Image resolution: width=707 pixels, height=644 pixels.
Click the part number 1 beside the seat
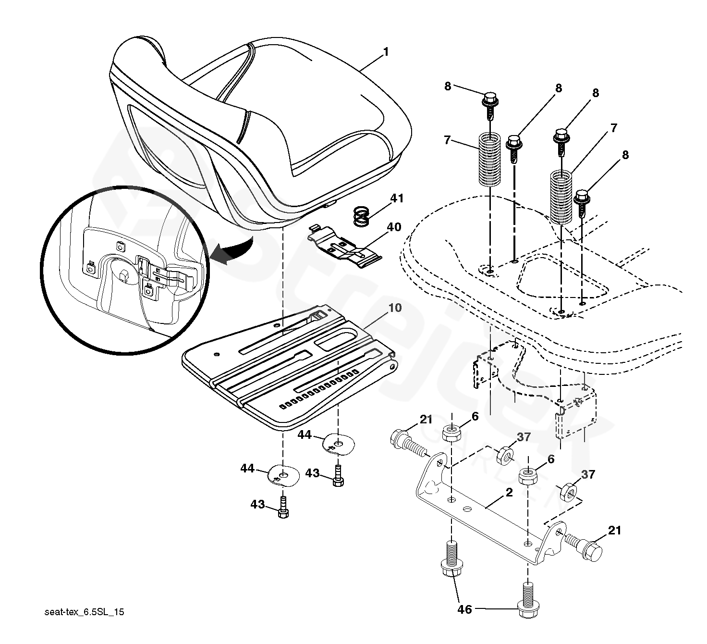(386, 52)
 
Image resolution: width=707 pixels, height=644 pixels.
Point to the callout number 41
(397, 198)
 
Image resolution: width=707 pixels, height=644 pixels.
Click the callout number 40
(394, 226)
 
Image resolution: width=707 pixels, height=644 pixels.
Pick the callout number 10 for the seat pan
(395, 308)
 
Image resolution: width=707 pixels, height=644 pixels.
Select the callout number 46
(464, 609)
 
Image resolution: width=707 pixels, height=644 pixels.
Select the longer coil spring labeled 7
(561, 197)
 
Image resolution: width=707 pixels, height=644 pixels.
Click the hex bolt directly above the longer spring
(561, 137)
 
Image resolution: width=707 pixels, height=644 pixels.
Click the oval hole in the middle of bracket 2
(465, 507)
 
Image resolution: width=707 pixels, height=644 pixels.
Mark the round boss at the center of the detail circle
(123, 273)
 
